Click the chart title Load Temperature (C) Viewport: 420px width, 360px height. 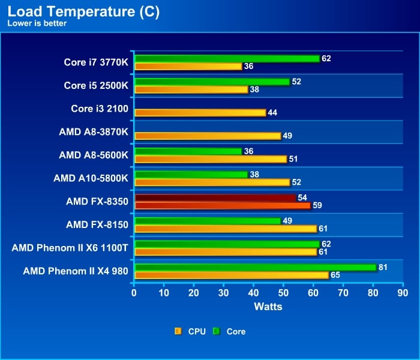83,12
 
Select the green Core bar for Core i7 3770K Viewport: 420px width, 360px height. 227,59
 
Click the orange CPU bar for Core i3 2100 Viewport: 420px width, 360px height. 200,112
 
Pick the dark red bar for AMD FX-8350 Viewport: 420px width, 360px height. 215,197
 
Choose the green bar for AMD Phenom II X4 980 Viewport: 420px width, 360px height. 255,267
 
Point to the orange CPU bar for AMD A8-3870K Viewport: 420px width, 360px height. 208,136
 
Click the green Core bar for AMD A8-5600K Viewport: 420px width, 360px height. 188,151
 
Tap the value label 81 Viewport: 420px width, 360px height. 383,267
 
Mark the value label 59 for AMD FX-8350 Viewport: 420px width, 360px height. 318,205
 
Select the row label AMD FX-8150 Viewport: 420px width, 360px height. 97,224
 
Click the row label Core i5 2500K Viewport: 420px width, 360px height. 96,85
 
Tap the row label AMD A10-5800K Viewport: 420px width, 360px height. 91,178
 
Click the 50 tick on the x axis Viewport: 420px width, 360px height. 283,293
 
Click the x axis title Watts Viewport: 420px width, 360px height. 268,307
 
